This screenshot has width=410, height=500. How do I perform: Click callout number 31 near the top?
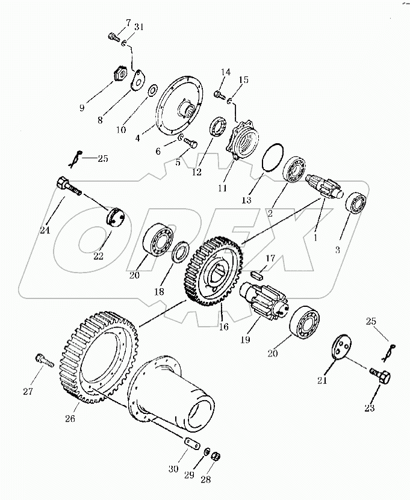pos(138,27)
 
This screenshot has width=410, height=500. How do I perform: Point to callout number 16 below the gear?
pos(224,326)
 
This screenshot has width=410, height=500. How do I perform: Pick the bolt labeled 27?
pos(44,360)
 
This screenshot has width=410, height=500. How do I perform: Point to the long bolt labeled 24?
pos(69,188)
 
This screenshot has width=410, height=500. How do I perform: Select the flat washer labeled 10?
pos(152,90)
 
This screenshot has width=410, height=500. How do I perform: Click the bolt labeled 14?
pos(219,94)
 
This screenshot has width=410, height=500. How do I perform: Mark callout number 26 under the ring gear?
pos(70,418)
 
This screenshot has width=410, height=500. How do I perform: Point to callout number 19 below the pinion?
pos(245,339)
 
